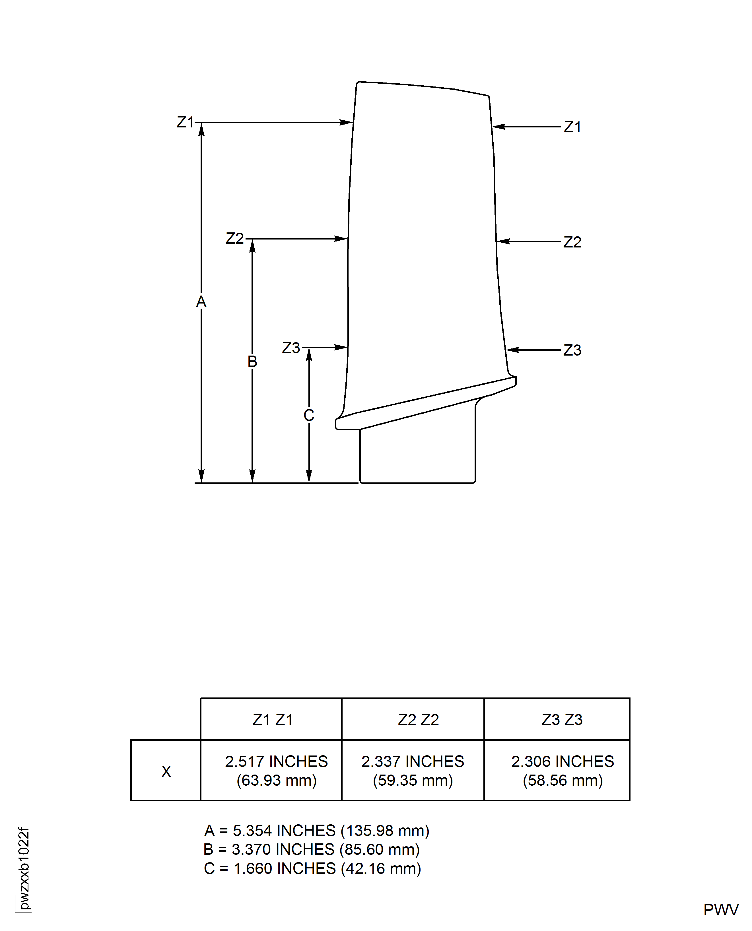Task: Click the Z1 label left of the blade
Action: click(x=185, y=122)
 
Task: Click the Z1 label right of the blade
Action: click(x=572, y=127)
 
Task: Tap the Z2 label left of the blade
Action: click(x=234, y=239)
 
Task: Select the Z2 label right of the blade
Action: click(x=572, y=242)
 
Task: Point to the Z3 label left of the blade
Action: click(x=291, y=348)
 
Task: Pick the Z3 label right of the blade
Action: click(x=572, y=350)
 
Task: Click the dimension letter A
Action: click(x=201, y=302)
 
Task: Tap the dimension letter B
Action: click(x=252, y=361)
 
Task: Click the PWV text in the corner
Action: click(x=720, y=910)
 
